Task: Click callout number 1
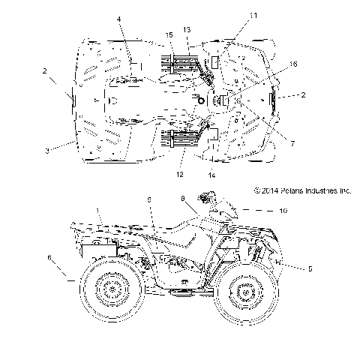coord(97,210)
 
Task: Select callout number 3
coord(46,151)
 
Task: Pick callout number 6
coord(49,256)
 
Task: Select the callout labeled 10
coord(283,212)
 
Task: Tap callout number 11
coord(232,15)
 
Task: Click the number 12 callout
coord(180,174)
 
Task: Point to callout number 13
coord(187,28)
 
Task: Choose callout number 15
coord(169,34)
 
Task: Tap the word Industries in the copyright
coord(319,190)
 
